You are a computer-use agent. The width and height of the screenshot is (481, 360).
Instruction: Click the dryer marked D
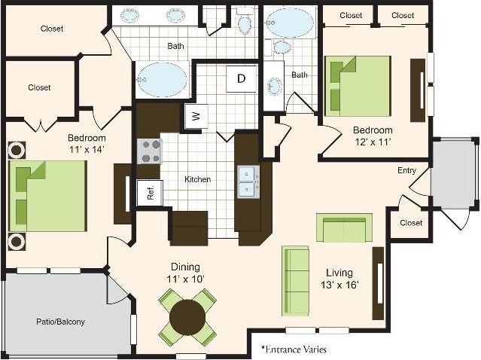(x=241, y=78)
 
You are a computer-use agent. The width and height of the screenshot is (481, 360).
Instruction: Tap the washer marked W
(x=195, y=116)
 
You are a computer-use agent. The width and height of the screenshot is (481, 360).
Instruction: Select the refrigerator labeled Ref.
(x=149, y=191)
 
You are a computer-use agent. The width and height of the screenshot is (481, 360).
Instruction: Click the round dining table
(x=187, y=317)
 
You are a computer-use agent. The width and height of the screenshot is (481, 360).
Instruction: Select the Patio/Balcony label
(x=60, y=322)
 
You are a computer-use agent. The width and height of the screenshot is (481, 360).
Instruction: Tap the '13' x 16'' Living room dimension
(x=343, y=285)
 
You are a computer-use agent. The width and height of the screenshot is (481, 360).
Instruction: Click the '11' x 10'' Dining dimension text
(x=184, y=279)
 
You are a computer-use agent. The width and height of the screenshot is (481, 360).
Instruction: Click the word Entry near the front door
(x=406, y=171)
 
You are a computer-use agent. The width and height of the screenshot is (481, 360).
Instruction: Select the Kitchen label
(x=198, y=179)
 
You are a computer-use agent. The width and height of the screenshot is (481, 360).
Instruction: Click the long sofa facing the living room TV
(x=295, y=281)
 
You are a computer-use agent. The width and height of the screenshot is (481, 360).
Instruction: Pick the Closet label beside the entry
(x=411, y=223)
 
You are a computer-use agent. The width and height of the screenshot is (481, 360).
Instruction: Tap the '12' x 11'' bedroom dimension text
(x=373, y=141)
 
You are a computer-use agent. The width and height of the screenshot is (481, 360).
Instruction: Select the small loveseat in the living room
(x=344, y=227)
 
